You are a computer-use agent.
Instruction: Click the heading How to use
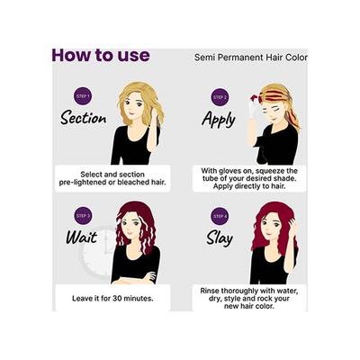(100, 55)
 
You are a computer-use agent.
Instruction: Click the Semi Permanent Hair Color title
(250, 57)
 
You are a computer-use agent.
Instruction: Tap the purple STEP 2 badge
(220, 96)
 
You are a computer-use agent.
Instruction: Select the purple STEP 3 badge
(82, 216)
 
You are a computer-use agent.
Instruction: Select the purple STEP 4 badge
(220, 217)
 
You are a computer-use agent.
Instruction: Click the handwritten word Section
(83, 117)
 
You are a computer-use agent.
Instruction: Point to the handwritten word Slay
(218, 238)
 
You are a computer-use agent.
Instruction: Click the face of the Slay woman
(272, 226)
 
